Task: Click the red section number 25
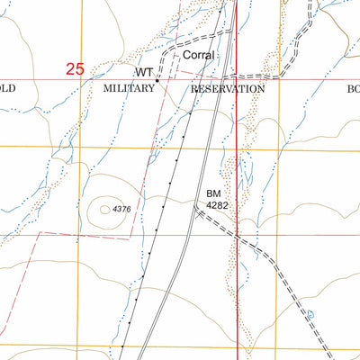coord(75,68)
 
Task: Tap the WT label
coord(144,71)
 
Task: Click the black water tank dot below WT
coord(157,80)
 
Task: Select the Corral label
coord(198,56)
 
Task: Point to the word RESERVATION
coord(228,90)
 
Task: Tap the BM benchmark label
coord(212,193)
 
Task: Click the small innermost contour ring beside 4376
coord(105,209)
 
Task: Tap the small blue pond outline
coord(310,315)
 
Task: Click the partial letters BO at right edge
coord(352,90)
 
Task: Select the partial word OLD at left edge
coord(8,90)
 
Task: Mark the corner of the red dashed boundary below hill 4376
coord(131,238)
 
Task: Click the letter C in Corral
coord(186,56)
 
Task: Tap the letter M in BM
coord(216,193)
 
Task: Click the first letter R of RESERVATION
coord(195,90)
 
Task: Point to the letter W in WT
coord(140,71)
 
